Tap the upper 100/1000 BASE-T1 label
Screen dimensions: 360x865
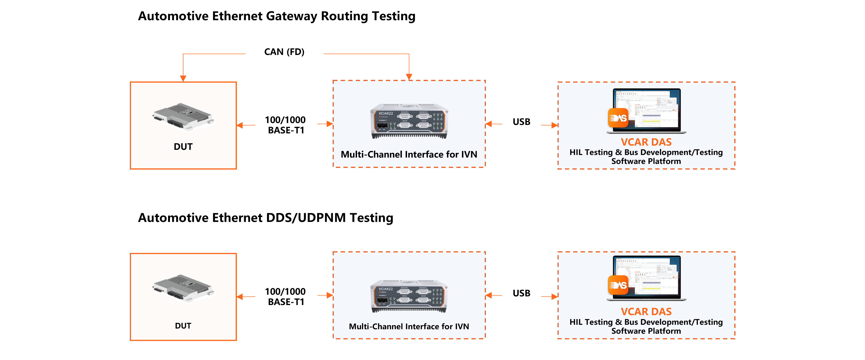(286, 125)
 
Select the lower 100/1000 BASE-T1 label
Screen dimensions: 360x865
(286, 297)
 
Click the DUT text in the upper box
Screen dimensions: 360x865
(183, 147)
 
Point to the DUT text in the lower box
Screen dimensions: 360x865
(183, 326)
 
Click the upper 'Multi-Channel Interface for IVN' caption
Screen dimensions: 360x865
(409, 155)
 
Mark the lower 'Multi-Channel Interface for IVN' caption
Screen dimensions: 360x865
(409, 326)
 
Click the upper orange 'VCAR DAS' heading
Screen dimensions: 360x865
(646, 142)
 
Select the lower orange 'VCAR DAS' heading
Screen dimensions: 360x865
(646, 312)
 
